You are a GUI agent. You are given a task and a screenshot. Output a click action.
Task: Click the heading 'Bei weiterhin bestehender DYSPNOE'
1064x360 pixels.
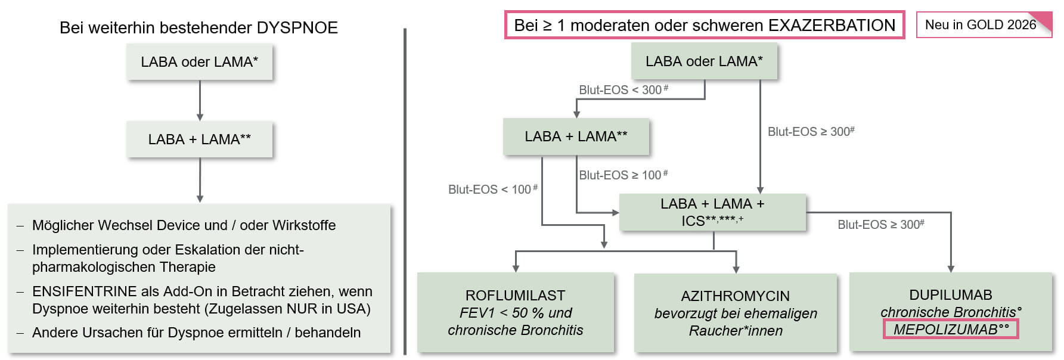coord(198,28)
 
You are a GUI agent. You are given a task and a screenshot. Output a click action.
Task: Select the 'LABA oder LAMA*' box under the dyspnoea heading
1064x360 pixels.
coord(199,62)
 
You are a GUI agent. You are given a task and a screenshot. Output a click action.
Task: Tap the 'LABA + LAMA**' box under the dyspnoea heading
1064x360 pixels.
coord(199,139)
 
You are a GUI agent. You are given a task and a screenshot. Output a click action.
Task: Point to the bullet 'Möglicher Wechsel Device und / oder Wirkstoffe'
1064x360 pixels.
coord(184,225)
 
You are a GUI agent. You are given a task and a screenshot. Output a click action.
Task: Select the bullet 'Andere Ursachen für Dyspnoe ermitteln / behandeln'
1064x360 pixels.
coord(196,333)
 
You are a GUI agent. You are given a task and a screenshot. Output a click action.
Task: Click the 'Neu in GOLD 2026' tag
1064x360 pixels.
coord(980,25)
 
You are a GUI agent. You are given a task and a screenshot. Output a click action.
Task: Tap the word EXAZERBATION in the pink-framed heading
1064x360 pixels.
coord(832,26)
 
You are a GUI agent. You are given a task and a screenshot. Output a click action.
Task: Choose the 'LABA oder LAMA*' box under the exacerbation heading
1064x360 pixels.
coord(704,61)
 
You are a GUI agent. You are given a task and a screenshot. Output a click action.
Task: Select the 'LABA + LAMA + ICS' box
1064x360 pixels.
coord(712,212)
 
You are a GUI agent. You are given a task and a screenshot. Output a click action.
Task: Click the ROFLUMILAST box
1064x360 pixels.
coord(515,312)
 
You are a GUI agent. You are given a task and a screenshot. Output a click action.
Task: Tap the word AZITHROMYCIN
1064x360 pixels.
coord(735,296)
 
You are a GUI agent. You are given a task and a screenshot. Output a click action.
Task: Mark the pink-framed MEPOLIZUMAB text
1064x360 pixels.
coord(950,330)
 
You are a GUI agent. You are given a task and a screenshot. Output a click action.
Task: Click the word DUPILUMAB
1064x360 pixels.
coord(950,295)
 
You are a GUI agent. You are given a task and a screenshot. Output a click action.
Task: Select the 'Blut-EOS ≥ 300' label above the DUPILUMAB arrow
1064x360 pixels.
coord(880,225)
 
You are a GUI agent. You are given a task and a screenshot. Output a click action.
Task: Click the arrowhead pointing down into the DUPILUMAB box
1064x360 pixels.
coord(951,269)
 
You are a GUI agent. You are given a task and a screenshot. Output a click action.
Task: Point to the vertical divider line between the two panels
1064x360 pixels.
coord(405,191)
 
